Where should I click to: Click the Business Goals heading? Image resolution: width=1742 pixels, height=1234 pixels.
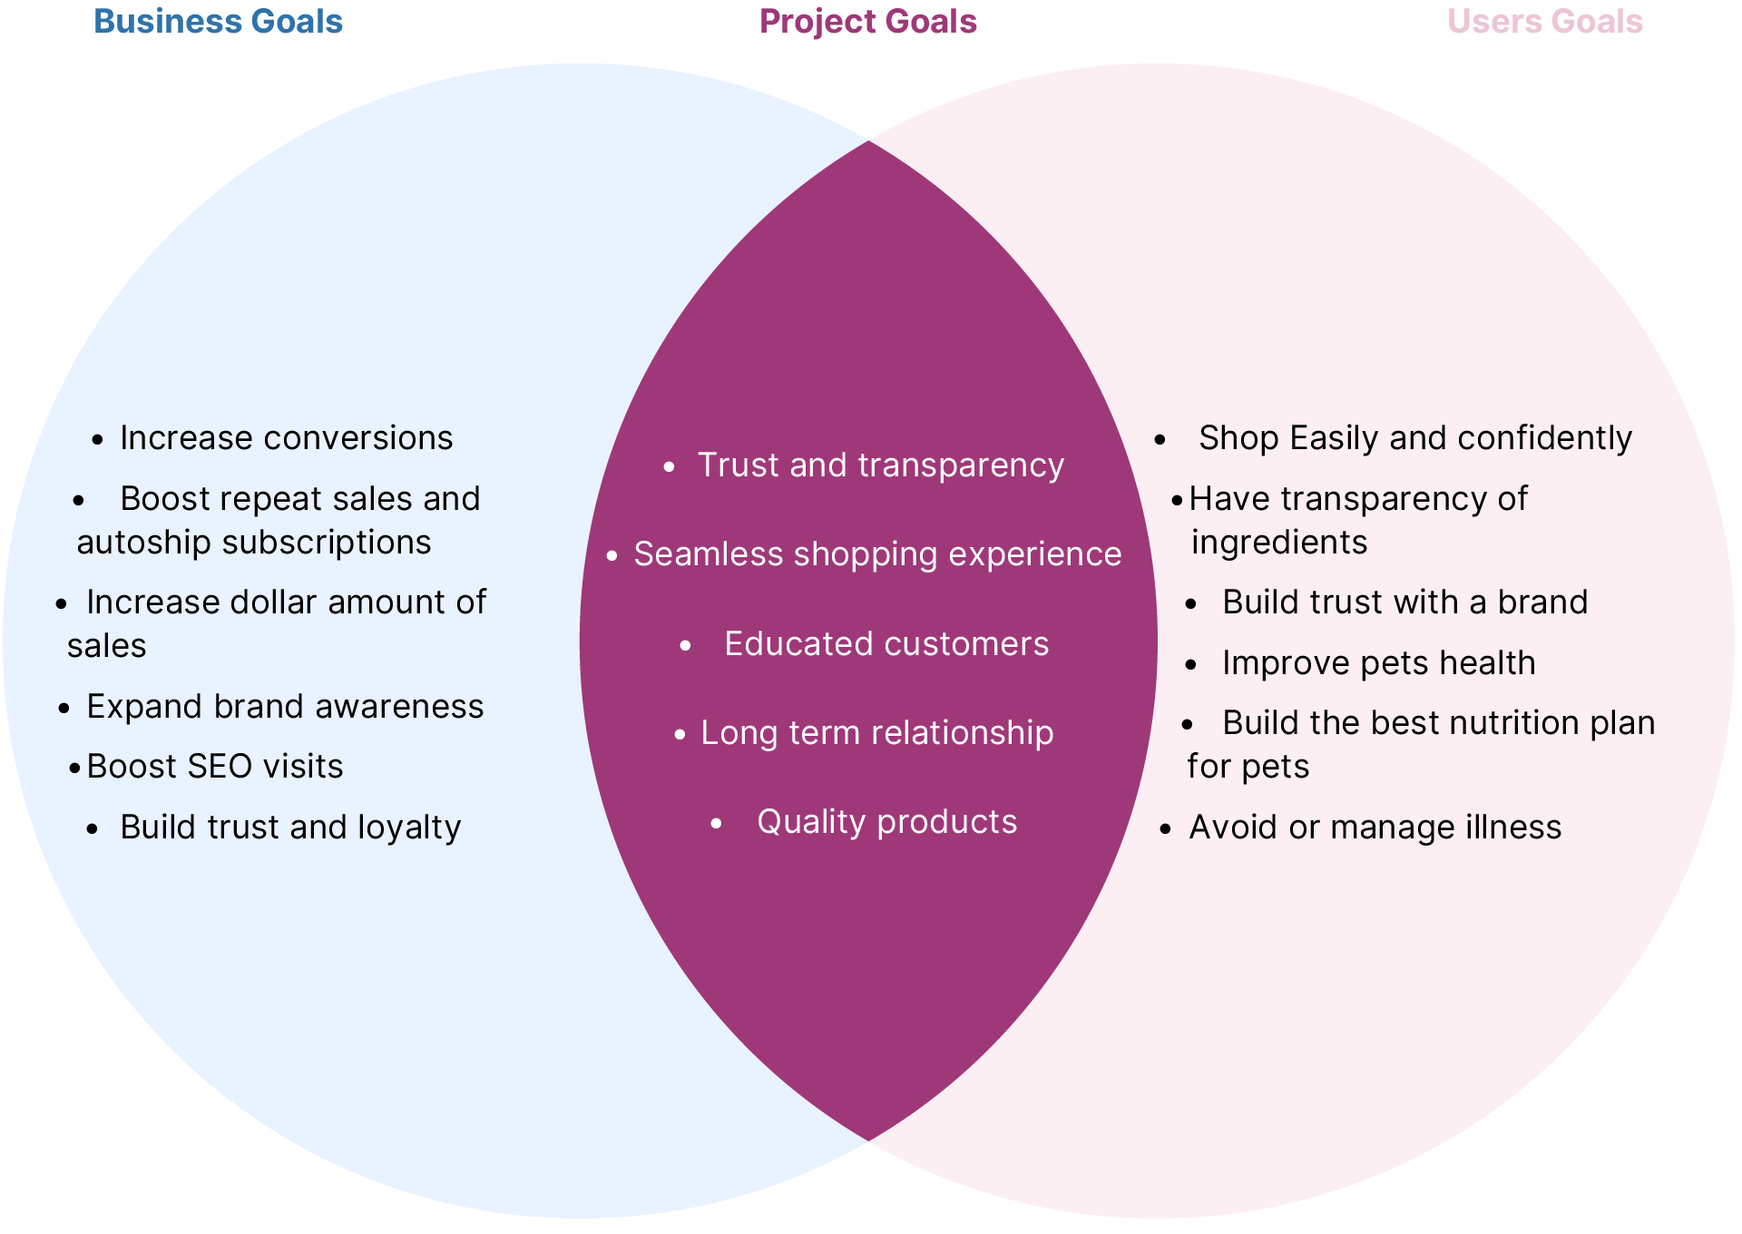[x=218, y=22]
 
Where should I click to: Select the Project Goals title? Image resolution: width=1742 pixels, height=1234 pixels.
[x=867, y=22]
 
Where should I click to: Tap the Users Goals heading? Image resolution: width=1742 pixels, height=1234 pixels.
[x=1544, y=22]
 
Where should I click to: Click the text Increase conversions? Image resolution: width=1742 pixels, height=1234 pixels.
[x=286, y=438]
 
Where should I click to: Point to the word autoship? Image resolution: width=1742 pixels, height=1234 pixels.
[x=143, y=543]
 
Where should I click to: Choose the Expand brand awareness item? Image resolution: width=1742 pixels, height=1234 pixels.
[x=285, y=707]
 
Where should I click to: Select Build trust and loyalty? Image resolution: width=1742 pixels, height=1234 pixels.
[x=290, y=828]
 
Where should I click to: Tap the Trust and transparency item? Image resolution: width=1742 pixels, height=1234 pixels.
[x=880, y=465]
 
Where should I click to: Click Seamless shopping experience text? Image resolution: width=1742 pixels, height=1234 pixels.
[x=877, y=554]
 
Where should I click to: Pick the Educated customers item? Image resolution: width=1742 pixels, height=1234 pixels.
[x=886, y=644]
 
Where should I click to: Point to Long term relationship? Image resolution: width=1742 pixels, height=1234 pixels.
[x=876, y=733]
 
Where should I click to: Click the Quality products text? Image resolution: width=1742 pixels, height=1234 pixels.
[x=887, y=822]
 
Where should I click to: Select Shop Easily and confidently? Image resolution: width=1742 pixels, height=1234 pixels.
[x=1414, y=438]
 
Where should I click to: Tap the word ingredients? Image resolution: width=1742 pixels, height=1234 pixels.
[x=1279, y=543]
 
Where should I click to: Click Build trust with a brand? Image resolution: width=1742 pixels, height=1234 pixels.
[x=1404, y=602]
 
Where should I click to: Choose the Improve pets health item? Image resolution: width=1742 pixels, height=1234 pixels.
[x=1378, y=663]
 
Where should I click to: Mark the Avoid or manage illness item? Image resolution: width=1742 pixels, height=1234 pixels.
[x=1375, y=828]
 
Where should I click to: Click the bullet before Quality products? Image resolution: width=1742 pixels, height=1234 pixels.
[x=717, y=824]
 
